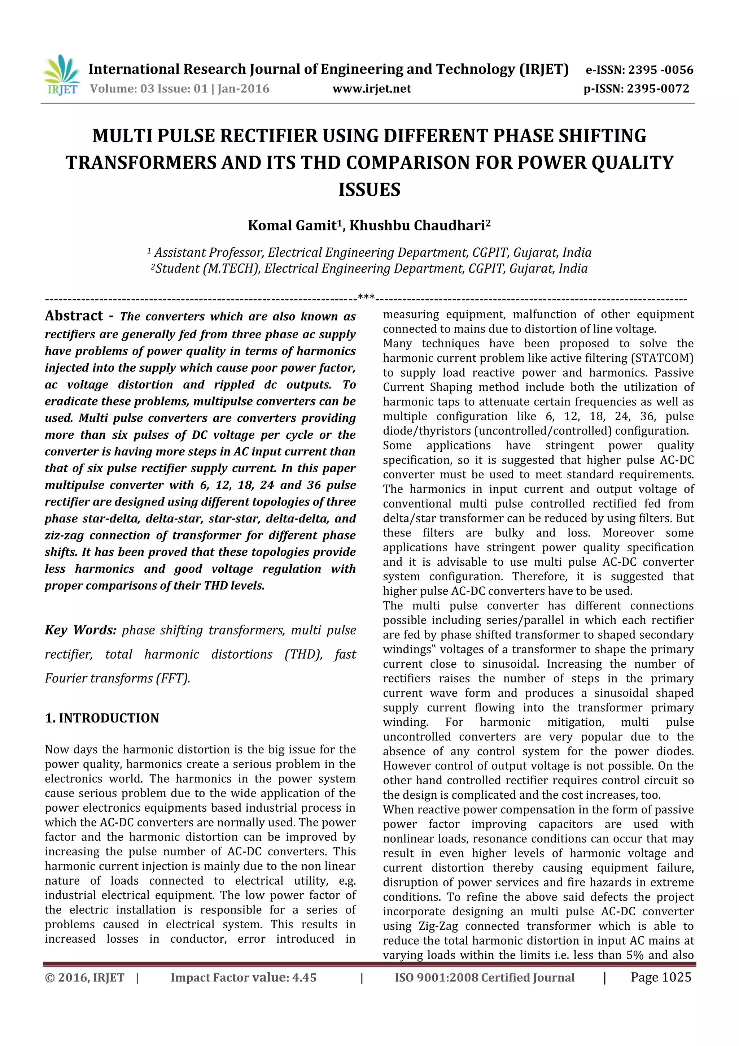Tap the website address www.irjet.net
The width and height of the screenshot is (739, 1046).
(x=372, y=88)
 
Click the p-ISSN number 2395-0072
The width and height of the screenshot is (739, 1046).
(x=658, y=88)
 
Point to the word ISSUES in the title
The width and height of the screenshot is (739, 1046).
(x=369, y=190)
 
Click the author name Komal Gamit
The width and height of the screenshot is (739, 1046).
(x=292, y=226)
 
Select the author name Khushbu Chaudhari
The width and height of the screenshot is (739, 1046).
(x=417, y=226)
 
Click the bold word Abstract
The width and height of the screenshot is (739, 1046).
(x=74, y=316)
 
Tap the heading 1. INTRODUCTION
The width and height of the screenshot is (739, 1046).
(x=102, y=718)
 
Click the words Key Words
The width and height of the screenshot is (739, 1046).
(x=80, y=630)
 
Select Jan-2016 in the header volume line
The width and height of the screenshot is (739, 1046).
(x=243, y=88)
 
